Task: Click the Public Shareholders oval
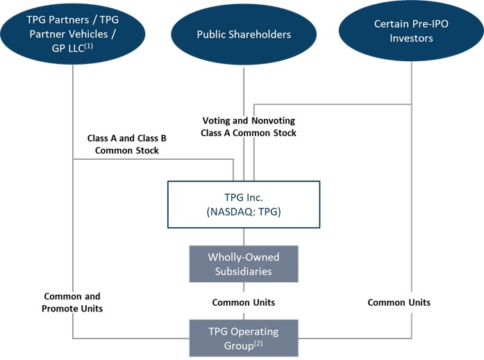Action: (243, 34)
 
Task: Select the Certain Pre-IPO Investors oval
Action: (411, 31)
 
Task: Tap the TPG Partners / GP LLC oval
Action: (72, 31)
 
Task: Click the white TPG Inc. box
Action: (244, 204)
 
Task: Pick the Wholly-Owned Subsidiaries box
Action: (244, 263)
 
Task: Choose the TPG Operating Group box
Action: (244, 336)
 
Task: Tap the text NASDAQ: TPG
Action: (244, 213)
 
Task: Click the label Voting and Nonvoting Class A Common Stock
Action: (249, 126)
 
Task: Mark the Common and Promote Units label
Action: (73, 302)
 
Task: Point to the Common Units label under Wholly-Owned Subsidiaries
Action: (244, 302)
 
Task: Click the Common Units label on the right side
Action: (399, 302)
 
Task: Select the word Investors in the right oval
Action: (411, 38)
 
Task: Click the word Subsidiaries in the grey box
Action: (244, 270)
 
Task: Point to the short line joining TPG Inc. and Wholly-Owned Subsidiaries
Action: (244, 236)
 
